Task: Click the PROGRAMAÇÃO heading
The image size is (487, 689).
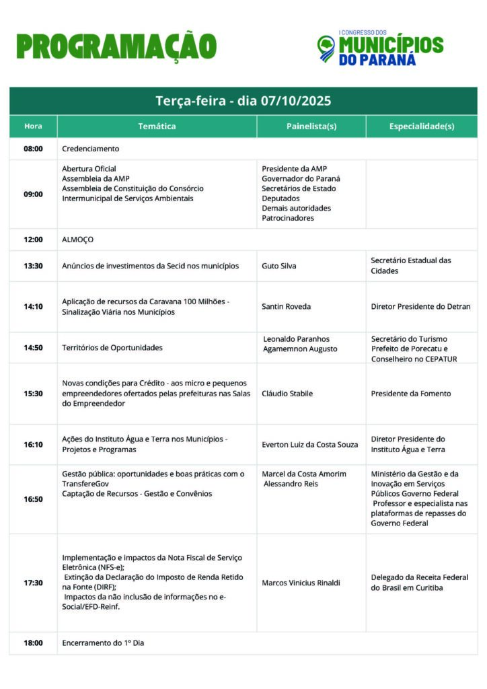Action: click(116, 46)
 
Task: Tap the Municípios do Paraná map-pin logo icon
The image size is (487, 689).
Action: click(326, 48)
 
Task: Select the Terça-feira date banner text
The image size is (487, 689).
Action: click(243, 101)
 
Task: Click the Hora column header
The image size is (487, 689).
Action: click(33, 126)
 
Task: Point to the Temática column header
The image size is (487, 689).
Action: click(157, 126)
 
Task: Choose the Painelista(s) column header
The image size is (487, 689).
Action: click(311, 126)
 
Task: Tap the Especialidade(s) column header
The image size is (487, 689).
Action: click(422, 126)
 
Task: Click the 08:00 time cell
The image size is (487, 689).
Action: click(33, 149)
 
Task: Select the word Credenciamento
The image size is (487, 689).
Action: click(90, 149)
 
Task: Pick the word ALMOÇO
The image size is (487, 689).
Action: click(77, 240)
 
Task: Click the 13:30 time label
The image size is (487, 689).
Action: click(33, 266)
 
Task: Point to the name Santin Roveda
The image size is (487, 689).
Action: click(286, 306)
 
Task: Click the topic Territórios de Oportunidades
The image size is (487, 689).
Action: click(112, 348)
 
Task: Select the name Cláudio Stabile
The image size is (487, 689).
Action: click(287, 394)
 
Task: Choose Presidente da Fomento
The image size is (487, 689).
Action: click(411, 394)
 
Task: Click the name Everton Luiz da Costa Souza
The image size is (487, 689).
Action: click(310, 444)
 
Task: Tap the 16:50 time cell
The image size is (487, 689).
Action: click(33, 499)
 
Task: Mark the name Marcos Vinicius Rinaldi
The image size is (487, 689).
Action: click(301, 583)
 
